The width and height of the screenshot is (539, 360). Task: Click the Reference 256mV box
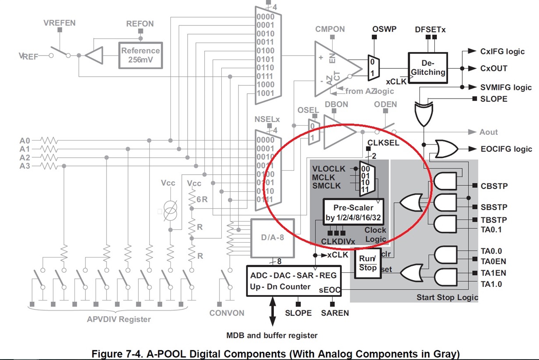pyautogui.click(x=141, y=55)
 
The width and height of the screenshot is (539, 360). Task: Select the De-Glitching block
pyautogui.click(x=428, y=68)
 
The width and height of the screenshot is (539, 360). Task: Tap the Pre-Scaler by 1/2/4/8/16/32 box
pyautogui.click(x=353, y=212)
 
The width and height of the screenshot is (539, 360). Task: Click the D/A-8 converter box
pyautogui.click(x=273, y=238)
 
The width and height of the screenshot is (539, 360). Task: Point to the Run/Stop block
pyautogui.click(x=368, y=263)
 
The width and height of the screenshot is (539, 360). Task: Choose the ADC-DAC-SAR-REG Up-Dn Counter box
pyautogui.click(x=294, y=281)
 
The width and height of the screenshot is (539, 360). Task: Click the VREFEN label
pyautogui.click(x=60, y=23)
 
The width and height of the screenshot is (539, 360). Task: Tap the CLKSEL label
pyautogui.click(x=383, y=143)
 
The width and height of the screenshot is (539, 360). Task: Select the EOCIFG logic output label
pyautogui.click(x=506, y=149)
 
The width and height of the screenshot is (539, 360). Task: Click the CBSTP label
pyautogui.click(x=494, y=186)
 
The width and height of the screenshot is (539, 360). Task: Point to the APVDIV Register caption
pyautogui.click(x=119, y=319)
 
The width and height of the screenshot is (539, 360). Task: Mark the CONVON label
pyautogui.click(x=227, y=313)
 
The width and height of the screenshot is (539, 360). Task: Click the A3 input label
pyautogui.click(x=25, y=166)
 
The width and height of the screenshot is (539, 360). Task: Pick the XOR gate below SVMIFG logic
pyautogui.click(x=424, y=114)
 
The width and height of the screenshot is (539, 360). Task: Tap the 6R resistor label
pyautogui.click(x=202, y=199)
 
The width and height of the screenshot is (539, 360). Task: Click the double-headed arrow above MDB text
pyautogui.click(x=273, y=311)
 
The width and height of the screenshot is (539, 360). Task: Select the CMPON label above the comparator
pyautogui.click(x=330, y=29)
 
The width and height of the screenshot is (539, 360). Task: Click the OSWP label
pyautogui.click(x=384, y=29)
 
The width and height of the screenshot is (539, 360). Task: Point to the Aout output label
pyautogui.click(x=489, y=132)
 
